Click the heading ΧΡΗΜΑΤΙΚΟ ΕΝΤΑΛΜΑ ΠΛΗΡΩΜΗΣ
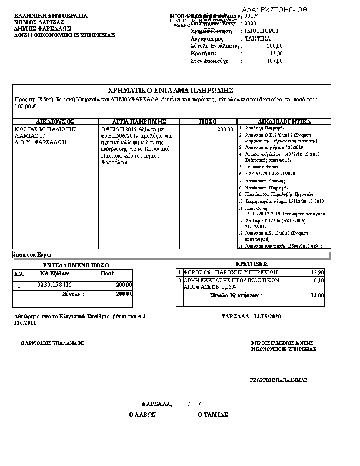point(171,91)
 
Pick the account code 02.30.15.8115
point(54,285)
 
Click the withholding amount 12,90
point(317,272)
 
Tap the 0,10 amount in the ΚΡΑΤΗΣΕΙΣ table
point(319,281)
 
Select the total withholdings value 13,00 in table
point(317,295)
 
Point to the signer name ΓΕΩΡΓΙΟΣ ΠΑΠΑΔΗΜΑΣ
point(278,380)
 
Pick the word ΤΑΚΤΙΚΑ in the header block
point(258,38)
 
